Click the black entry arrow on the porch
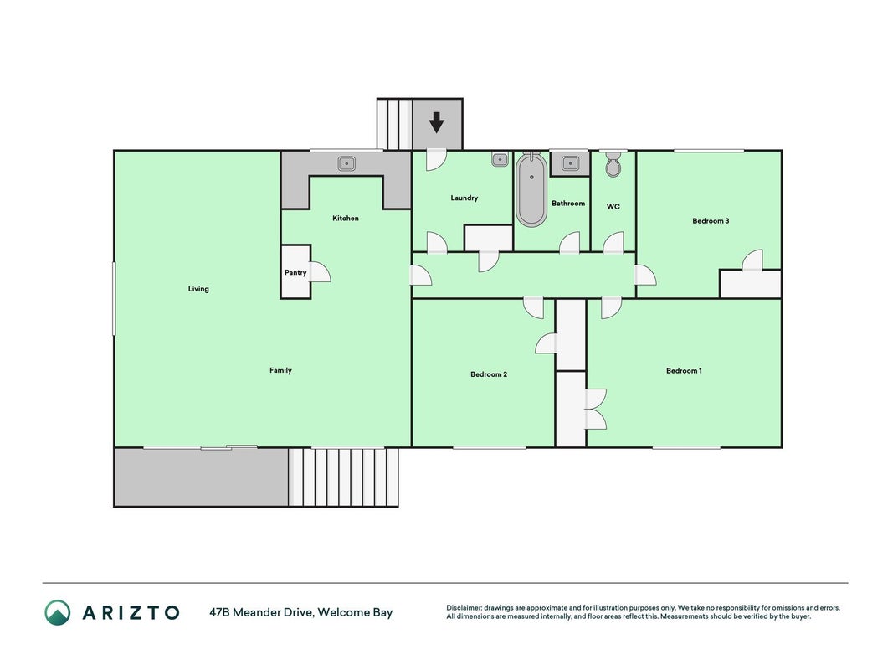click(436, 122)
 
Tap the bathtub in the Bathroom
click(531, 189)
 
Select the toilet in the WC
click(613, 164)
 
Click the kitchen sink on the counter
click(346, 163)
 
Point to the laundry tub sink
click(500, 160)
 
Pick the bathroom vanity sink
click(570, 163)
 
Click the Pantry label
click(295, 272)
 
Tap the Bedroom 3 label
click(711, 220)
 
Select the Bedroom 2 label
click(489, 374)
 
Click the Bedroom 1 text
click(684, 370)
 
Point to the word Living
click(198, 289)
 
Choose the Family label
click(280, 370)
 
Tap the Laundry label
click(464, 198)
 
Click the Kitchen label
click(346, 218)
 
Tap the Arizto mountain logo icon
click(58, 612)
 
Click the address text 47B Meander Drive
click(261, 612)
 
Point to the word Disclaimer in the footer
click(464, 608)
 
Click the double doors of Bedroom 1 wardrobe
click(596, 409)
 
